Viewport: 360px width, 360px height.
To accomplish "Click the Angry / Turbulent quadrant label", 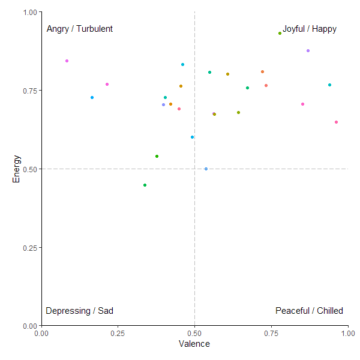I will coord(80,29).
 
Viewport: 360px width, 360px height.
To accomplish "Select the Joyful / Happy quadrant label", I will coord(310,29).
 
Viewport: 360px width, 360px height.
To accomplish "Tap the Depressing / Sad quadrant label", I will coord(79,311).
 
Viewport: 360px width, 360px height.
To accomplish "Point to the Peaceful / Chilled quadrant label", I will coord(309,311).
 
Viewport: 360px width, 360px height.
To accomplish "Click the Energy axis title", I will coord(17,169).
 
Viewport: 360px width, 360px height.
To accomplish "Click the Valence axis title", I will coord(194,344).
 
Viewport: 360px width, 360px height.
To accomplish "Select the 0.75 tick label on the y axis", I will coord(29,91).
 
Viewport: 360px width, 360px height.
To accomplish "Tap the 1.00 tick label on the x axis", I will coord(347,333).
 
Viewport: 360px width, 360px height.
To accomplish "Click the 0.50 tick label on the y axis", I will coord(29,169).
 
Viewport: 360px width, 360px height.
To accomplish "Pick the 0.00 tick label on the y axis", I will coord(29,326).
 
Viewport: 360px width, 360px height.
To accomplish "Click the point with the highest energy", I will coord(280,33).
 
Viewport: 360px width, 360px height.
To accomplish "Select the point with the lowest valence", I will coord(67,61).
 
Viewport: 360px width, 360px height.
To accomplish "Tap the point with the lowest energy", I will coord(145,185).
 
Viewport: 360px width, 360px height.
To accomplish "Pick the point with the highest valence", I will coord(336,122).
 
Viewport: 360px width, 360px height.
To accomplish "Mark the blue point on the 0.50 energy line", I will coord(206,169).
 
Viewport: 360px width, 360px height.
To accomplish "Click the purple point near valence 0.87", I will coord(308,50).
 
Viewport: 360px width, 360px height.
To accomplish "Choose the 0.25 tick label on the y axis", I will coord(29,248).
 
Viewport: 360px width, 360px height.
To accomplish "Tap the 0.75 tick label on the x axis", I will coord(271,333).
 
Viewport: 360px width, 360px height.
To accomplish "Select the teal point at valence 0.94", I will coord(329,85).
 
